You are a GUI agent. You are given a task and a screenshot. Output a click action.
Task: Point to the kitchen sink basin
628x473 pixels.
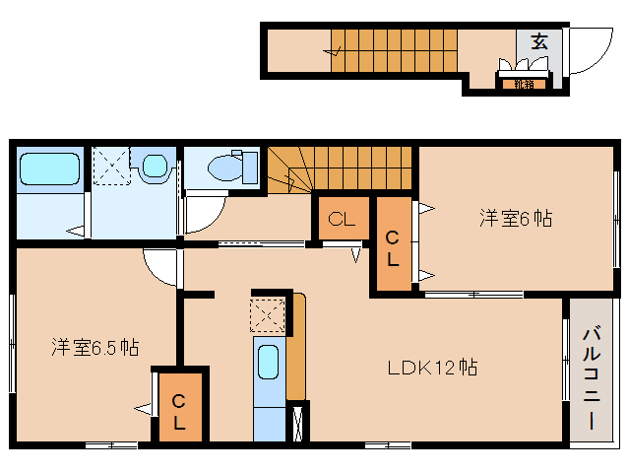tap(268, 363)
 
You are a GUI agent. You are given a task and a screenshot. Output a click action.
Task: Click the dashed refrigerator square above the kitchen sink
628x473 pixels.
tap(268, 315)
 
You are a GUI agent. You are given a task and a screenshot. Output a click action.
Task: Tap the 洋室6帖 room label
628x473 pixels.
tap(515, 218)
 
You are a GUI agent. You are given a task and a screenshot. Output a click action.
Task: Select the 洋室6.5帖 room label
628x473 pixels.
tap(94, 347)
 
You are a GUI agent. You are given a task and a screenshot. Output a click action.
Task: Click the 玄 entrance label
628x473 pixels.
tap(539, 41)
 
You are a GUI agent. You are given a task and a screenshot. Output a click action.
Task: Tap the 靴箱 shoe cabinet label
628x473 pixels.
tap(523, 84)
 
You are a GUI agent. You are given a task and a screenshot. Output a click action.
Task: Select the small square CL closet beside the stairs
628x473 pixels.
tap(342, 220)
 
